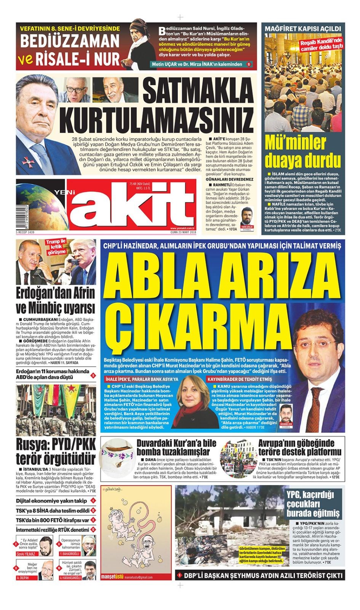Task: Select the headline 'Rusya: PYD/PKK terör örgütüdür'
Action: (56, 451)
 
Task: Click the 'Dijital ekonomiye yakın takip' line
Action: (51, 501)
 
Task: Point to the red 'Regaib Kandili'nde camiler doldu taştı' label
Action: (322, 45)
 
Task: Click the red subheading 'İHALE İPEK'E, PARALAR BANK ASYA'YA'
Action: (142, 379)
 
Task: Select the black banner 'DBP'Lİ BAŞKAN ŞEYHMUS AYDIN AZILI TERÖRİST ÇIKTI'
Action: (263, 575)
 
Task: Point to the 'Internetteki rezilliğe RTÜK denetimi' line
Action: (52, 530)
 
